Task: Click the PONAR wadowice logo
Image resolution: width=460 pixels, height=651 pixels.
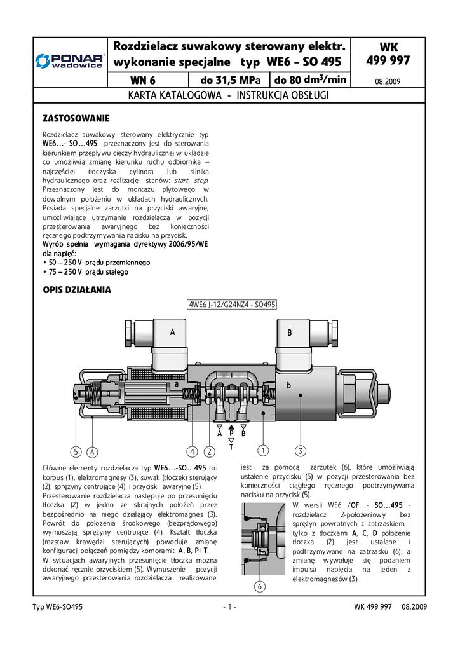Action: [69, 60]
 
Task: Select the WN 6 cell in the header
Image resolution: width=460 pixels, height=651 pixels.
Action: [142, 81]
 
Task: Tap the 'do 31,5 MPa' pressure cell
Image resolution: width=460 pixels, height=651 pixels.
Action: [229, 81]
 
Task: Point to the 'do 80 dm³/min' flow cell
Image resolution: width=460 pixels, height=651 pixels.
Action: [311, 80]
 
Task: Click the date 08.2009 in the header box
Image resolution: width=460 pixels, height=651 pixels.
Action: [388, 82]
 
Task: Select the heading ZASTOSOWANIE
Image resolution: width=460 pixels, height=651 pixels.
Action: [76, 119]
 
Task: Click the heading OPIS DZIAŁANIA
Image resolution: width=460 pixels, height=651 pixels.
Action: [76, 290]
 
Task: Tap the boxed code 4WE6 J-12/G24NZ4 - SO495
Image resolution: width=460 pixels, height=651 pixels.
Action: [232, 305]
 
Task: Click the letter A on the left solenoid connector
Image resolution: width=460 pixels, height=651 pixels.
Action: [172, 332]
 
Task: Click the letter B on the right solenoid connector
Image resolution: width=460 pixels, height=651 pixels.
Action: [289, 332]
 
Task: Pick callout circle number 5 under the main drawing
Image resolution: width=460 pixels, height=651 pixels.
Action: [76, 452]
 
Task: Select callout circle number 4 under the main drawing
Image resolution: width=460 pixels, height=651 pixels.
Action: [193, 452]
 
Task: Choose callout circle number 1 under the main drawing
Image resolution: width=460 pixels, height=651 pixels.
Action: [261, 451]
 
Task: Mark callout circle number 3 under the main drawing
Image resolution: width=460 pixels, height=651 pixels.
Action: [301, 451]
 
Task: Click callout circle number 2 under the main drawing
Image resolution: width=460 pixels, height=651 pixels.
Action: [209, 452]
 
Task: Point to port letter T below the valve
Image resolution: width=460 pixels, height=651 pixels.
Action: [231, 447]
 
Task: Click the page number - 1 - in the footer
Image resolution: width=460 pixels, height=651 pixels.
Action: [230, 607]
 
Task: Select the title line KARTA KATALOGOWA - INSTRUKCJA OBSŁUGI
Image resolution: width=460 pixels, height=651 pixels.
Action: [229, 96]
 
